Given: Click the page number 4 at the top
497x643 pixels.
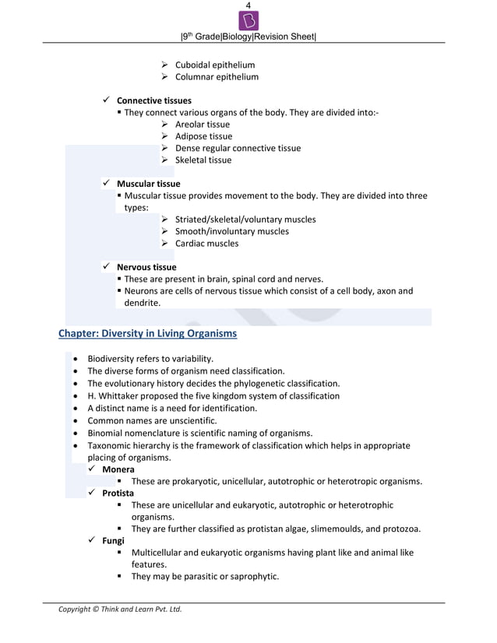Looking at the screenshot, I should [x=248, y=5].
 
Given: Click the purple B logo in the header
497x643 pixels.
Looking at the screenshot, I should [x=248, y=20].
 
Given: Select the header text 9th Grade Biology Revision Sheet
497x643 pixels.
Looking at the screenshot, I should [x=248, y=37].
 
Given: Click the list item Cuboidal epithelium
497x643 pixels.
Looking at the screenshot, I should [x=214, y=65].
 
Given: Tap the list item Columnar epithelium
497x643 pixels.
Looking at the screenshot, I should [x=217, y=77].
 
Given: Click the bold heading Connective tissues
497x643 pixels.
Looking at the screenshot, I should [x=153, y=100].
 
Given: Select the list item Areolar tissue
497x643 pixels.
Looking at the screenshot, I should [x=202, y=124].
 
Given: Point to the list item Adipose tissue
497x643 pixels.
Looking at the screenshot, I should [x=203, y=136].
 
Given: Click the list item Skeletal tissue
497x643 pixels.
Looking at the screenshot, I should [x=203, y=160].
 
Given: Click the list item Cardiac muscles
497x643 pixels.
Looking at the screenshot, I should [x=206, y=244].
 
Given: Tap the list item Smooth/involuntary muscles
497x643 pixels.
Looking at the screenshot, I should [x=231, y=231].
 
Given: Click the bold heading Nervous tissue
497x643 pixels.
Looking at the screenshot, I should [x=146, y=267].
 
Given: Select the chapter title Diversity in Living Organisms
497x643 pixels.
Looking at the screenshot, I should [x=148, y=334].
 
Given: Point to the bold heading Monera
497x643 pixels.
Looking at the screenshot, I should [x=118, y=469].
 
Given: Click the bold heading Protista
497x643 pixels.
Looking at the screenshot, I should [x=118, y=494].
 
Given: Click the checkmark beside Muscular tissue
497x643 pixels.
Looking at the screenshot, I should [x=106, y=184].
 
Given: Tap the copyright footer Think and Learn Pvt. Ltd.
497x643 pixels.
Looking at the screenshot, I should [x=120, y=609].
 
